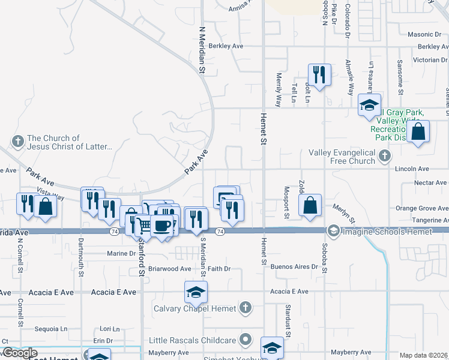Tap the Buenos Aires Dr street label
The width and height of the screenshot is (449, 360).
pos(293,266)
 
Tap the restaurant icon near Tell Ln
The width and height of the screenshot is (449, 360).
pos(319,74)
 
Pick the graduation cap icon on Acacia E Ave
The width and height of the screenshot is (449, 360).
pos(196,292)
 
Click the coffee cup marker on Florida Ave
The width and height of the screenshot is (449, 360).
pos(161,226)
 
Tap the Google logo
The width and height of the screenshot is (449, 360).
pos(20,353)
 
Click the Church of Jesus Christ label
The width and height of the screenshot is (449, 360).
pos(70,142)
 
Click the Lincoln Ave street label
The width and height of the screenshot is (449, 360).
pos(412,170)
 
